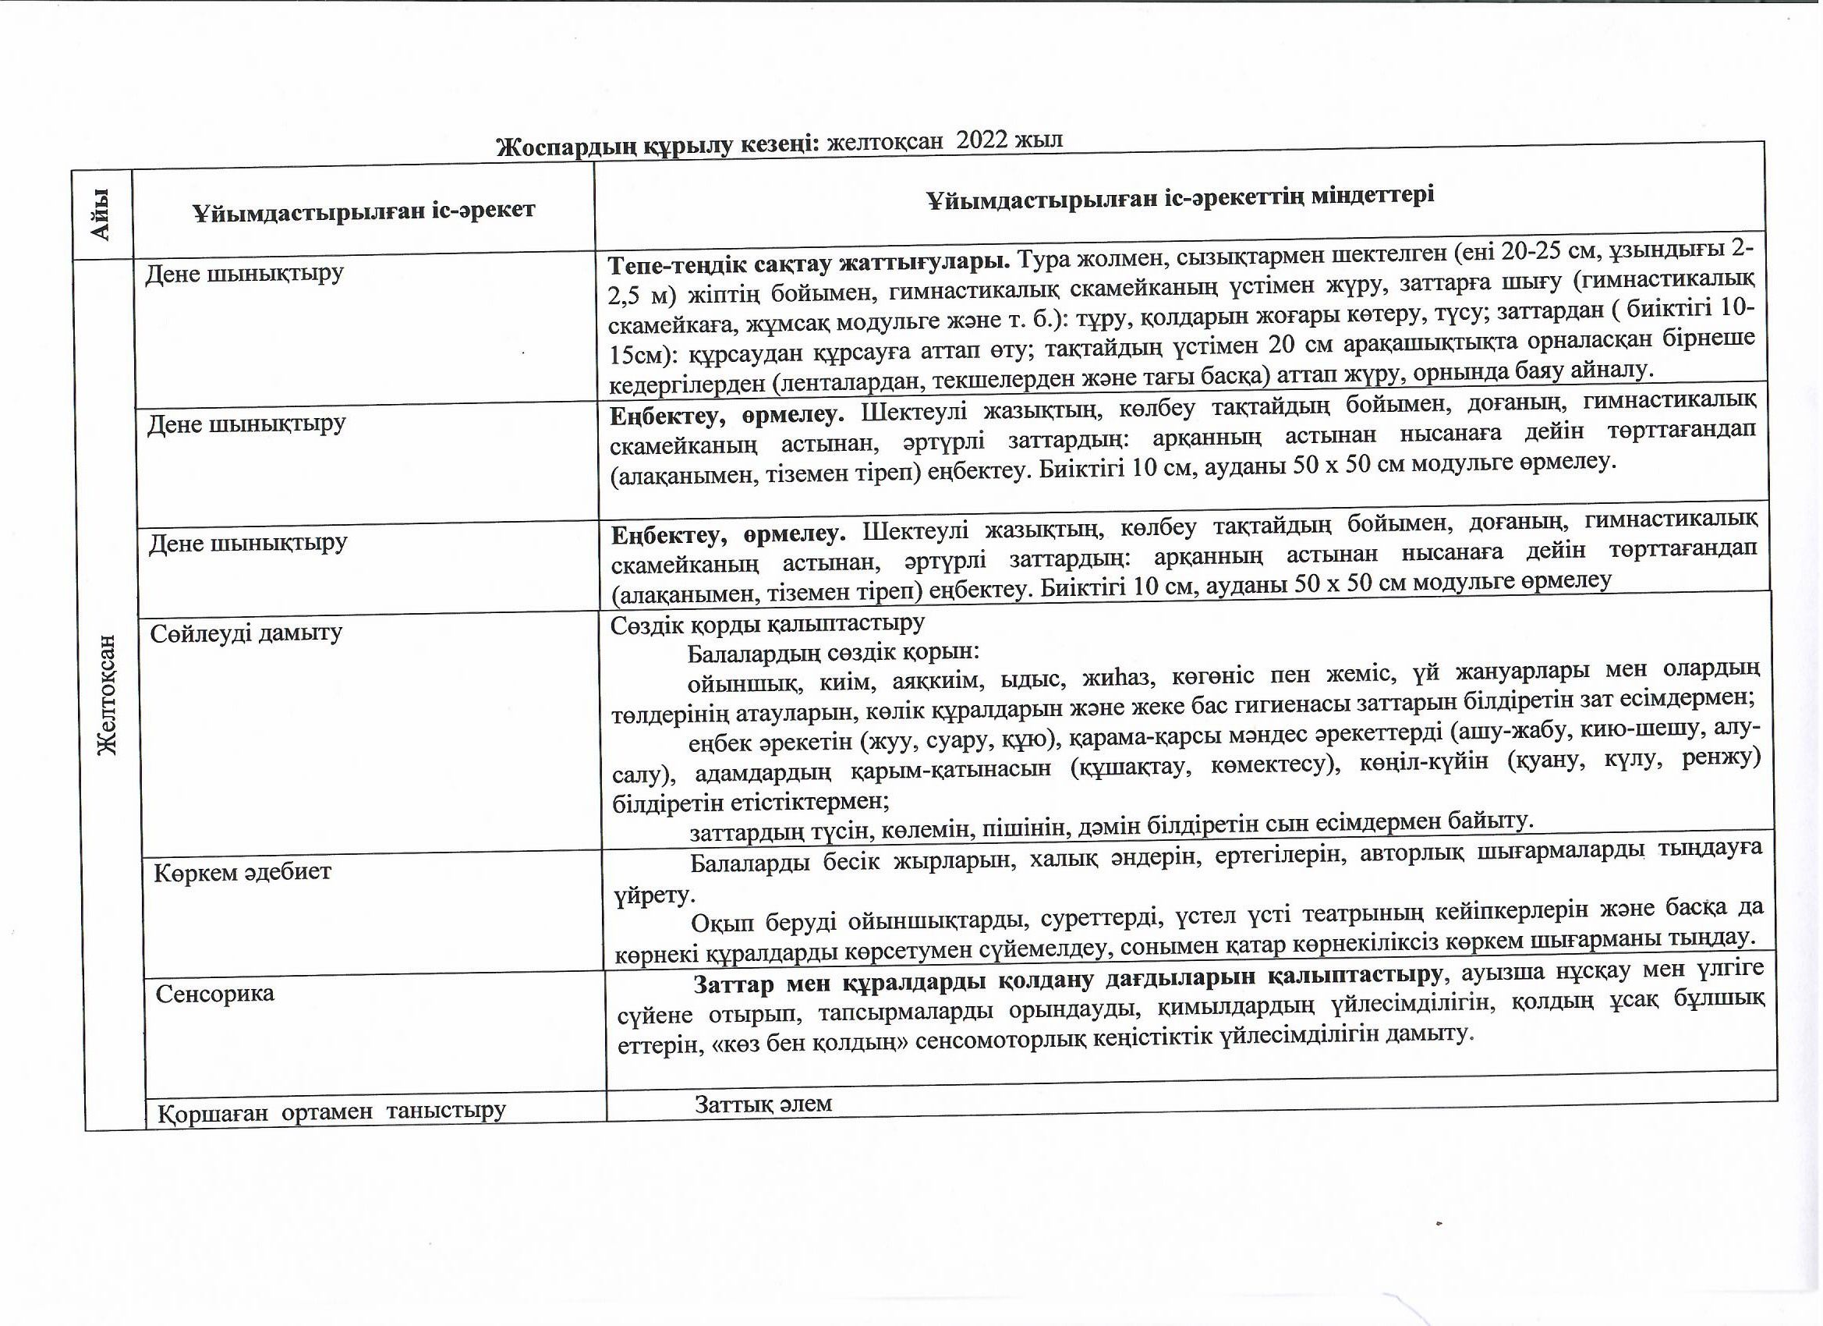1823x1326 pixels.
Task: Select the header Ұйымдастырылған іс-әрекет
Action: pos(363,211)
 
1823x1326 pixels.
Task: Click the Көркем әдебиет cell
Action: pos(242,873)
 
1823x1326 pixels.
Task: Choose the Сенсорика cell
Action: pos(214,994)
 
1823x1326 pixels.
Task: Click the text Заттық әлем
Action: pos(763,1104)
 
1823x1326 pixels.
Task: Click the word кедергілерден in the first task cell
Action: pos(685,385)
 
